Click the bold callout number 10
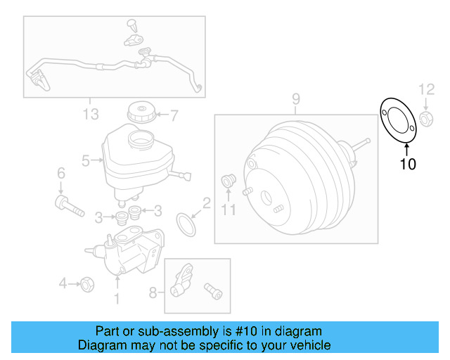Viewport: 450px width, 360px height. pyautogui.click(x=408, y=165)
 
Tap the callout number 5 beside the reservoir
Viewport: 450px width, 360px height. pyautogui.click(x=85, y=161)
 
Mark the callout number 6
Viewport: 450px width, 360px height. pyautogui.click(x=60, y=173)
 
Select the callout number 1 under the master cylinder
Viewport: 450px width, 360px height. pyautogui.click(x=117, y=299)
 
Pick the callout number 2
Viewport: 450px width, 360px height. pyautogui.click(x=206, y=204)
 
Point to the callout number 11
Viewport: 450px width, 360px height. pyautogui.click(x=226, y=210)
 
